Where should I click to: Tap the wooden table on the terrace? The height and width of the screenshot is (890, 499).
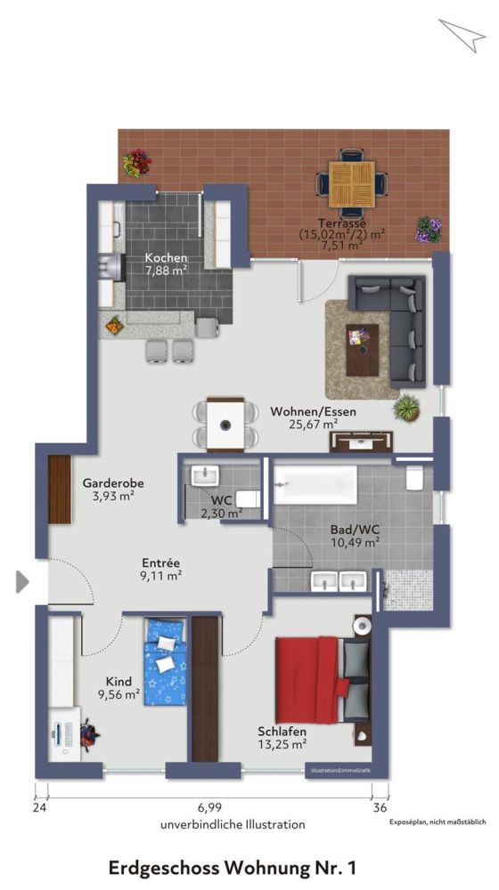pyautogui.click(x=352, y=182)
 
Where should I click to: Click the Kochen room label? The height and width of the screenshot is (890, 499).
pyautogui.click(x=167, y=258)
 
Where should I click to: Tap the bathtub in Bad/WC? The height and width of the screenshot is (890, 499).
pyautogui.click(x=315, y=485)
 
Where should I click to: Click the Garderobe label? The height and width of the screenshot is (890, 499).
pyautogui.click(x=113, y=483)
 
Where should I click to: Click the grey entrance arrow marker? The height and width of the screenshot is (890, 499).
pyautogui.click(x=22, y=582)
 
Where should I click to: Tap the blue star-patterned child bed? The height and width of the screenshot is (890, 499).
pyautogui.click(x=166, y=662)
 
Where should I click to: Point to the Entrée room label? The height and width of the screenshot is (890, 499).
pyautogui.click(x=161, y=562)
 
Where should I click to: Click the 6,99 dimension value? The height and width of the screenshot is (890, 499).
pyautogui.click(x=209, y=808)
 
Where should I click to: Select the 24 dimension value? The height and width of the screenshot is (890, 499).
pyautogui.click(x=39, y=808)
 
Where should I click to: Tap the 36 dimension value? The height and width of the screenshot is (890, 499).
pyautogui.click(x=380, y=808)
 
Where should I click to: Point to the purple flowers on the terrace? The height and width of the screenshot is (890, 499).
pyautogui.click(x=428, y=229)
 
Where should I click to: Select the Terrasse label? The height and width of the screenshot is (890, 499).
pyautogui.click(x=342, y=223)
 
